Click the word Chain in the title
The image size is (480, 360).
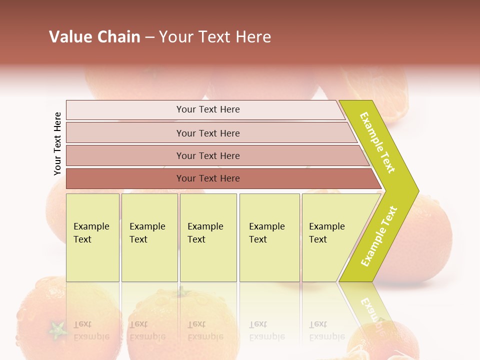coord(118,37)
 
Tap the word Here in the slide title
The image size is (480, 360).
coord(253,37)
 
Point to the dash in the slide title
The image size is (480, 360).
coord(149,37)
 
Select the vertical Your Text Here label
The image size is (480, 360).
coord(57,143)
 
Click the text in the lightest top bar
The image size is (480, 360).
coord(208,109)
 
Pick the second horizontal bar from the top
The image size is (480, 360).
coord(208,133)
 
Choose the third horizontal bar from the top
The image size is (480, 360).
coord(208,155)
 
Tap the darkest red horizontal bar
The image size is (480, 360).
coord(208,178)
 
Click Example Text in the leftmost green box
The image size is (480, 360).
coord(91,233)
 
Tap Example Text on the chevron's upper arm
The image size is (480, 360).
coord(377,142)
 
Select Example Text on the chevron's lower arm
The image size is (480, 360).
coord(379,236)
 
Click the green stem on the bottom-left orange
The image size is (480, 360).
coord(57,329)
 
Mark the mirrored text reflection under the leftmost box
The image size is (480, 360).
coord(91,330)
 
